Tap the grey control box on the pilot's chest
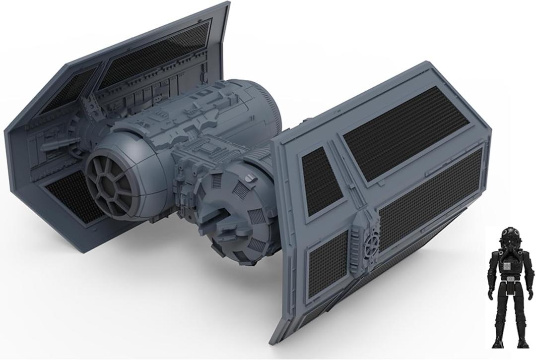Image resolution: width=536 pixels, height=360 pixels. [x=507, y=266]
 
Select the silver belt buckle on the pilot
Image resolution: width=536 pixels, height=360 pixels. [x=507, y=286]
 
